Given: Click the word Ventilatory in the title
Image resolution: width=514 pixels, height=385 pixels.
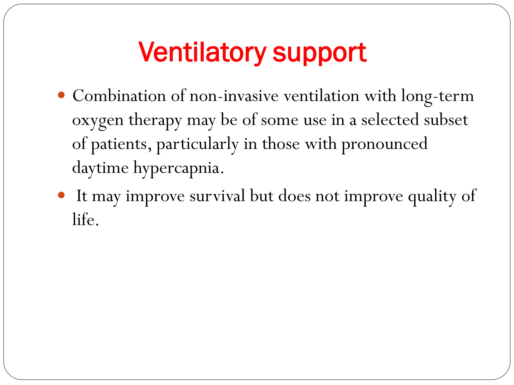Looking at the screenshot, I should pos(202,53).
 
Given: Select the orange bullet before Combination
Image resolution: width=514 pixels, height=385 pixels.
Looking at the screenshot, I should pos(61,95).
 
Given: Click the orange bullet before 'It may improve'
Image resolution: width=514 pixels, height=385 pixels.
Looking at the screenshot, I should pos(61,195).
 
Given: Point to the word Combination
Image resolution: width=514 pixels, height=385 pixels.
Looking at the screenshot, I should pos(119,96).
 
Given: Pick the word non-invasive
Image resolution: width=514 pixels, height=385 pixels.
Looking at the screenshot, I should pos(234,96).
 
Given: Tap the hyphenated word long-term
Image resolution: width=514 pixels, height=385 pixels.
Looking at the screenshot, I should pos(437,96).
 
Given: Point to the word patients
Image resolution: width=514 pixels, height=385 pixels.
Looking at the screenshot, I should pos(118,144).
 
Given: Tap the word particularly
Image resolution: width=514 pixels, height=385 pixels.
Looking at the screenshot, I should pos(197,144).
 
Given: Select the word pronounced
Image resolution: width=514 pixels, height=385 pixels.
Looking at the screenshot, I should pos(384,144).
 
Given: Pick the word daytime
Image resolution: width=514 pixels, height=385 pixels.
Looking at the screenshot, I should pos(100,167).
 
